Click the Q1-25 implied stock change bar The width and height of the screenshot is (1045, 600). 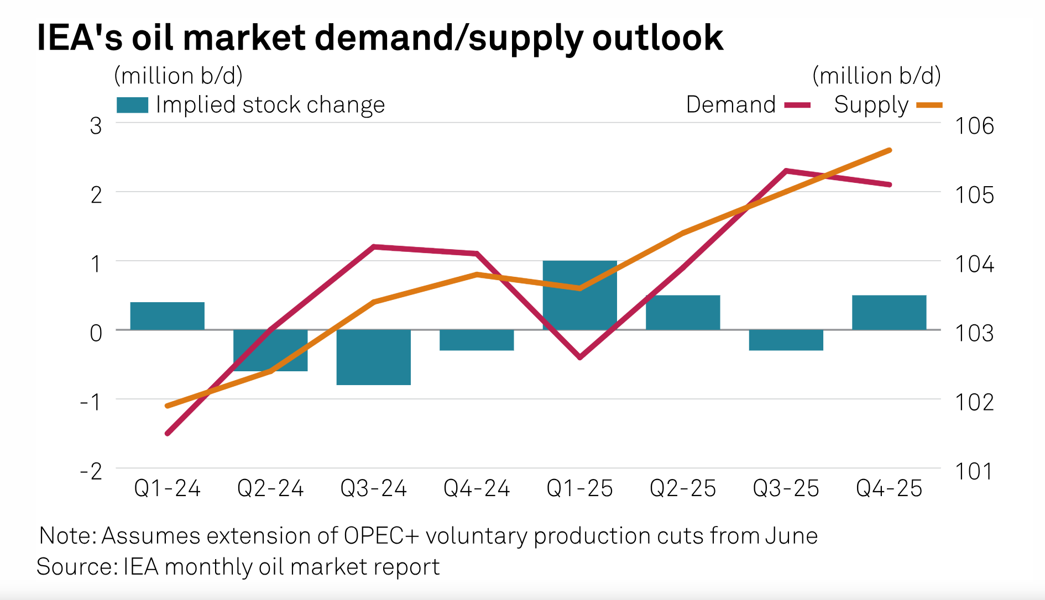coord(579,295)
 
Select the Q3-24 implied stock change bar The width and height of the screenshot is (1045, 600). coord(374,357)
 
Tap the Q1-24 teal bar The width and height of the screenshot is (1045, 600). coord(168,316)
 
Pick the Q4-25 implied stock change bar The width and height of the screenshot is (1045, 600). coord(889,313)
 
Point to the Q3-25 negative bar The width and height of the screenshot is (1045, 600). coord(786,340)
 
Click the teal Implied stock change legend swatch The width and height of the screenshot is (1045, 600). coord(132,105)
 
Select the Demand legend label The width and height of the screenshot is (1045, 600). coord(731,105)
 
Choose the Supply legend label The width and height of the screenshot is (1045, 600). coord(871,105)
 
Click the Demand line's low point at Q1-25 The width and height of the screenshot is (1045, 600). coord(580,357)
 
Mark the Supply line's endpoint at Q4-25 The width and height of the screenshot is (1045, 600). coord(890,150)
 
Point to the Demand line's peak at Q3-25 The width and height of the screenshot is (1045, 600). coord(786,171)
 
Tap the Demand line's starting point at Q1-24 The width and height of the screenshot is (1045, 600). coord(168,434)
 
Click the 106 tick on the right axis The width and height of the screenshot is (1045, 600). coord(974,126)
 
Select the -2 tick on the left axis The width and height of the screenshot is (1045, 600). coord(92,471)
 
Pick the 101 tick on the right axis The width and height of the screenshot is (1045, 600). coord(974,471)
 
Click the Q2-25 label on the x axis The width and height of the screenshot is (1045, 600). coord(683,488)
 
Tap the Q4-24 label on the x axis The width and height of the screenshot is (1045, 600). coord(477,488)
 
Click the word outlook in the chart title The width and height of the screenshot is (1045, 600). coord(657,39)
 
